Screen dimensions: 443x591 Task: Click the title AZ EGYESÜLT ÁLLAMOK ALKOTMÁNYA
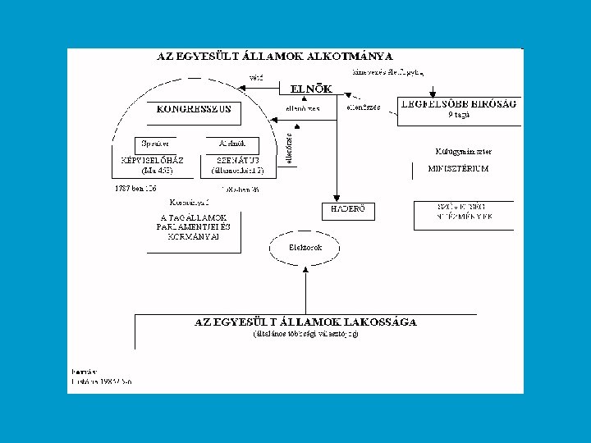click(275, 57)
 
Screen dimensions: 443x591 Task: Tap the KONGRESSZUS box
click(194, 108)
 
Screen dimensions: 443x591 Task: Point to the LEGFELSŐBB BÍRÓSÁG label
click(459, 103)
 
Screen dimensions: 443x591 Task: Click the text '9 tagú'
click(459, 116)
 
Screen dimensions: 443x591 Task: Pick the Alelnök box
click(224, 142)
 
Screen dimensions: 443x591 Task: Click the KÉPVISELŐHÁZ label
click(152, 159)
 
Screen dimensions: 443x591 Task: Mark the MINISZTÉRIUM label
click(459, 168)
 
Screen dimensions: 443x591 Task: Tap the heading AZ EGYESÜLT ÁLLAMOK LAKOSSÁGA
click(305, 322)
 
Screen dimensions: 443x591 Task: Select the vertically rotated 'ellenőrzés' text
click(290, 149)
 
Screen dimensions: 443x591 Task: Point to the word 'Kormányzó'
click(189, 201)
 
